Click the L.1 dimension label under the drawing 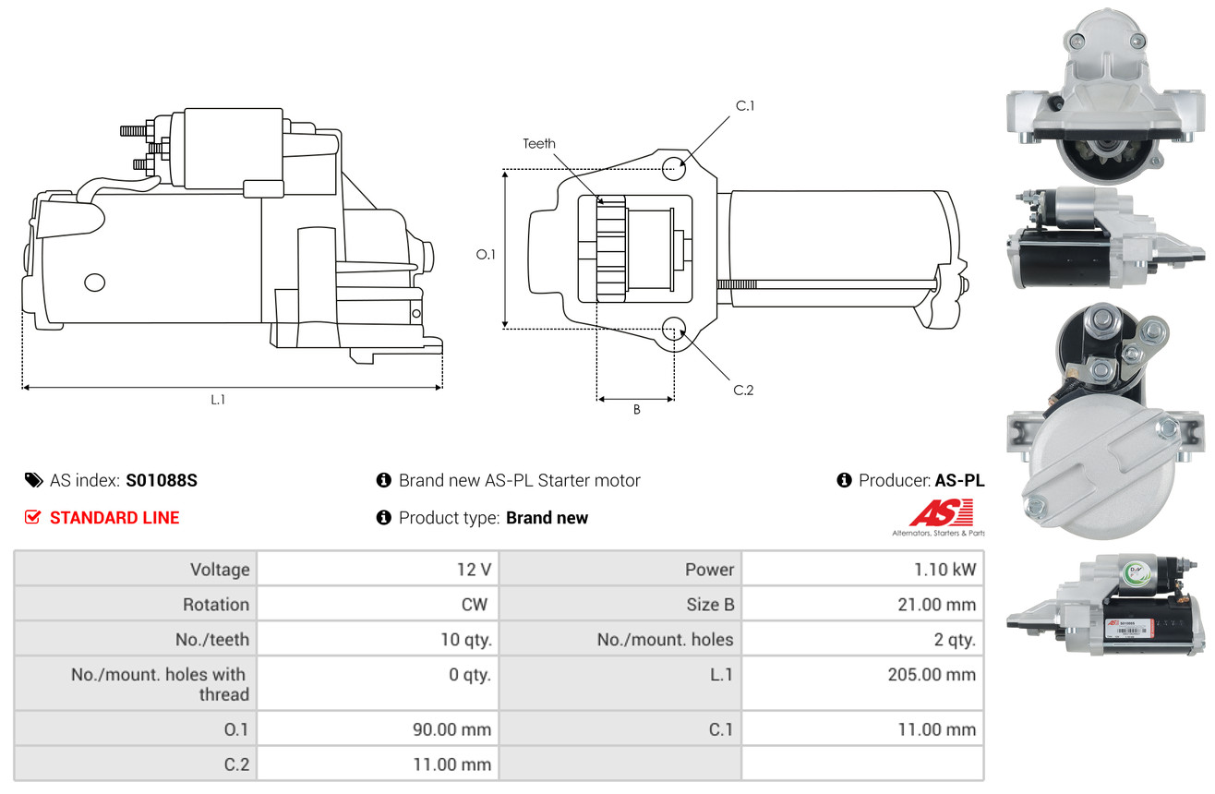pyautogui.click(x=218, y=400)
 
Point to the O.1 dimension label pyautogui.click(x=486, y=254)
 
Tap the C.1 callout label pyautogui.click(x=745, y=106)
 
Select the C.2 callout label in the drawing pyautogui.click(x=743, y=390)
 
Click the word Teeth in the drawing pyautogui.click(x=539, y=143)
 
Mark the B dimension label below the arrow pyautogui.click(x=636, y=410)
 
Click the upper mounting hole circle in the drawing pyautogui.click(x=674, y=167)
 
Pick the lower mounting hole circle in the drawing pyautogui.click(x=674, y=328)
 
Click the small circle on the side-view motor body pyautogui.click(x=94, y=283)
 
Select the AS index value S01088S pyautogui.click(x=162, y=480)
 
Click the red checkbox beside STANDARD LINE pyautogui.click(x=33, y=517)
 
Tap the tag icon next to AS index pyautogui.click(x=33, y=480)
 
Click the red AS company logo pyautogui.click(x=941, y=513)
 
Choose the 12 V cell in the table pyautogui.click(x=474, y=570)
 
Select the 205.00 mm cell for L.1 pyautogui.click(x=931, y=675)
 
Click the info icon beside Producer pyautogui.click(x=844, y=480)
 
